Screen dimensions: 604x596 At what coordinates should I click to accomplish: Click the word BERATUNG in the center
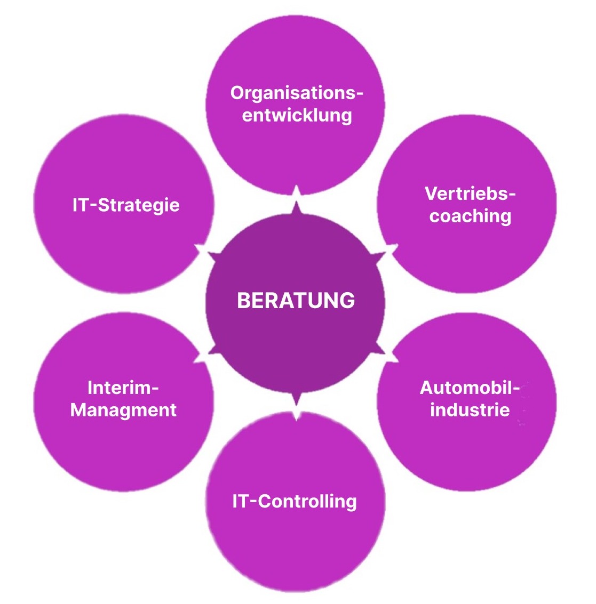[x=296, y=301]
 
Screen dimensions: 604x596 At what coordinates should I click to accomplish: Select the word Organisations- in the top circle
[x=297, y=93]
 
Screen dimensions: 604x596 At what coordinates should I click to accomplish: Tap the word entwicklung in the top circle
[x=297, y=115]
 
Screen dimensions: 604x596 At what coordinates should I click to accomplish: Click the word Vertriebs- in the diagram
[x=470, y=194]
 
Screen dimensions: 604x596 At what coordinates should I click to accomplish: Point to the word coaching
[x=470, y=216]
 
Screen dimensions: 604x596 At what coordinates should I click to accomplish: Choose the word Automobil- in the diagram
[x=470, y=388]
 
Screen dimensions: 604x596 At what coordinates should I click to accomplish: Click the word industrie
[x=470, y=410]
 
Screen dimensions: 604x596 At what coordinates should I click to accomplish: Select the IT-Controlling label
[x=295, y=502]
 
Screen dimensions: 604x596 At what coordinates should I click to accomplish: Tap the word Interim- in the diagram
[x=123, y=388]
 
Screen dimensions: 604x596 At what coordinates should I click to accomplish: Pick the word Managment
[x=123, y=410]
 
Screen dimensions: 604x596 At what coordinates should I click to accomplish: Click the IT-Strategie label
[x=126, y=205]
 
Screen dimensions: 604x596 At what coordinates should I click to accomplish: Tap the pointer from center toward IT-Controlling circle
[x=295, y=398]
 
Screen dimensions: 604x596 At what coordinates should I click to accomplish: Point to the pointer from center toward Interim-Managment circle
[x=210, y=350]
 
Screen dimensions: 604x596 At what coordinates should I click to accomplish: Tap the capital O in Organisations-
[x=237, y=93]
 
